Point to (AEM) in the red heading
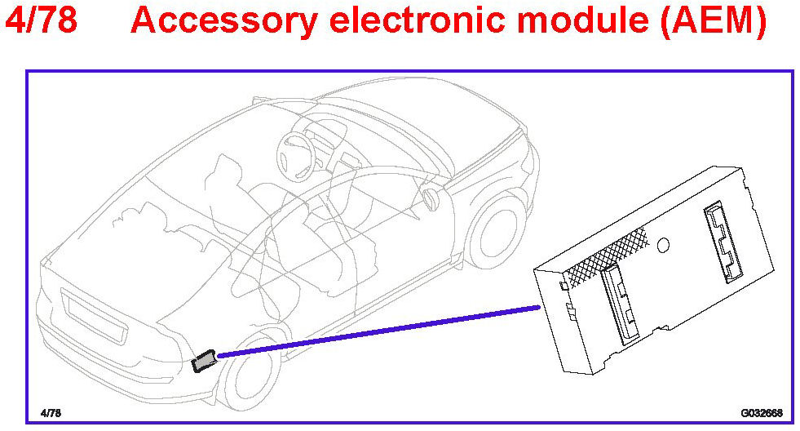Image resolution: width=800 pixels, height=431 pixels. coord(713,20)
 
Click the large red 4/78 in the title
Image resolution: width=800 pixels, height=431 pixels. coord(41,20)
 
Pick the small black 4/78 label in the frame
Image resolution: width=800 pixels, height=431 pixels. coord(51,413)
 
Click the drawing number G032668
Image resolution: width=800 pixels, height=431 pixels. coord(761,413)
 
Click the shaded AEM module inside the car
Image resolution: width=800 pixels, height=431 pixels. coord(204,360)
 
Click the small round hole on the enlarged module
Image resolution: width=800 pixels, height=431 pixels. coord(664,245)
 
